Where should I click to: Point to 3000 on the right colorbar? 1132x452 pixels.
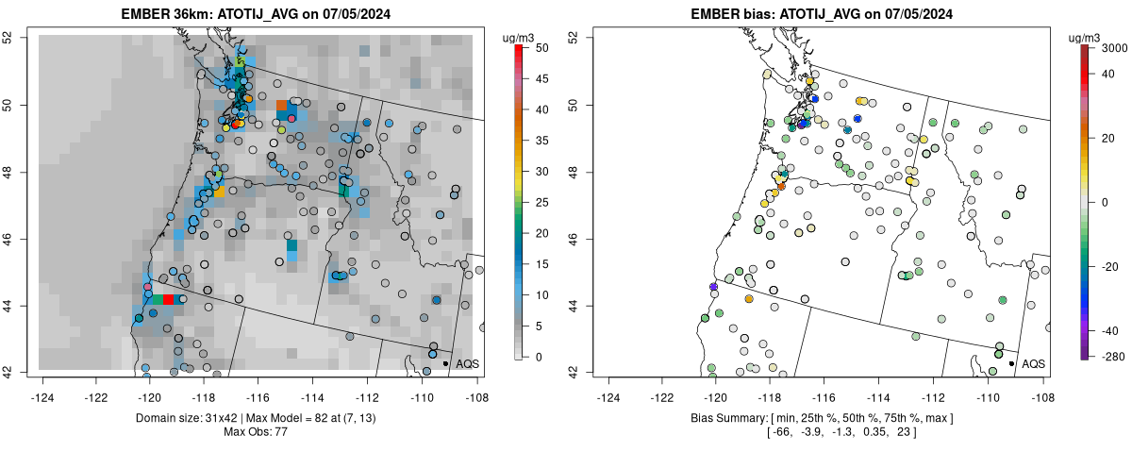click(1113, 46)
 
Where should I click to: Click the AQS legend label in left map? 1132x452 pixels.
click(467, 363)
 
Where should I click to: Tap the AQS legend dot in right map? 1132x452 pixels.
click(1011, 363)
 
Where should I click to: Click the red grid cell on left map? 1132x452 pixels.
click(168, 299)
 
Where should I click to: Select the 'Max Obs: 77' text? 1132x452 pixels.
click(256, 432)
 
